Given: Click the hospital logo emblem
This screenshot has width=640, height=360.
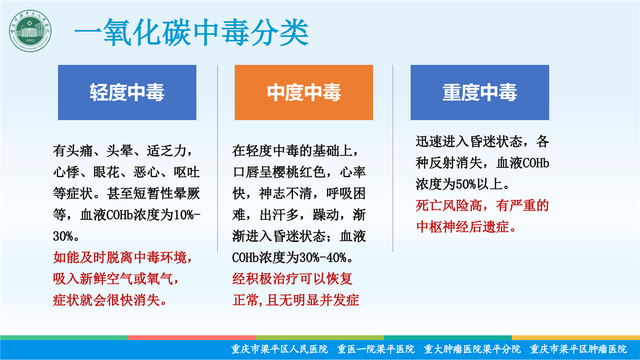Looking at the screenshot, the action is click(30, 31).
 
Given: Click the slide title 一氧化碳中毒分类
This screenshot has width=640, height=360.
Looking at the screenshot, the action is click(191, 32).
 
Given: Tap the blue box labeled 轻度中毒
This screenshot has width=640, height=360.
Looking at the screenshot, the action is click(127, 92).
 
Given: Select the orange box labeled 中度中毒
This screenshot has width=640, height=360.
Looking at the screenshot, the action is click(303, 92).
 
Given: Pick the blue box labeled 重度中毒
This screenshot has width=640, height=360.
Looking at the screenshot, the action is click(479, 92).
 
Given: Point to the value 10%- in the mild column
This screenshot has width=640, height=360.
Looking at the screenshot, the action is click(187, 215).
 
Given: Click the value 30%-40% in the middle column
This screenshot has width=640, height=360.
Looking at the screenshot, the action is click(322, 257).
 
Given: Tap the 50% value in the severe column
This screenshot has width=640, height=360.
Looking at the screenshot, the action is click(465, 184).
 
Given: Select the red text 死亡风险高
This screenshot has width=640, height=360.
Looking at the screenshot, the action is click(448, 205).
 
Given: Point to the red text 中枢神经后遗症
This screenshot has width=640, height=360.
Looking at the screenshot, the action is click(462, 227).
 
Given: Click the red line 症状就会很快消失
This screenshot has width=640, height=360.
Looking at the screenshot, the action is click(106, 300).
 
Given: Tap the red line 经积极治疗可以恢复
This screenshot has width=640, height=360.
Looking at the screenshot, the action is click(292, 279).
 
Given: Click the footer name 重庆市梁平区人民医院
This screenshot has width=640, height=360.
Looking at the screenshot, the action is click(279, 349).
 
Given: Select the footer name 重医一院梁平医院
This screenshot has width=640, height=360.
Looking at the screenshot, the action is click(375, 349).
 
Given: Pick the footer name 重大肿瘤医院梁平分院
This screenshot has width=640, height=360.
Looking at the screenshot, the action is click(472, 349).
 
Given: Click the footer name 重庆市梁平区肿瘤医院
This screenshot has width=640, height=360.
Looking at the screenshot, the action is click(578, 349).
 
